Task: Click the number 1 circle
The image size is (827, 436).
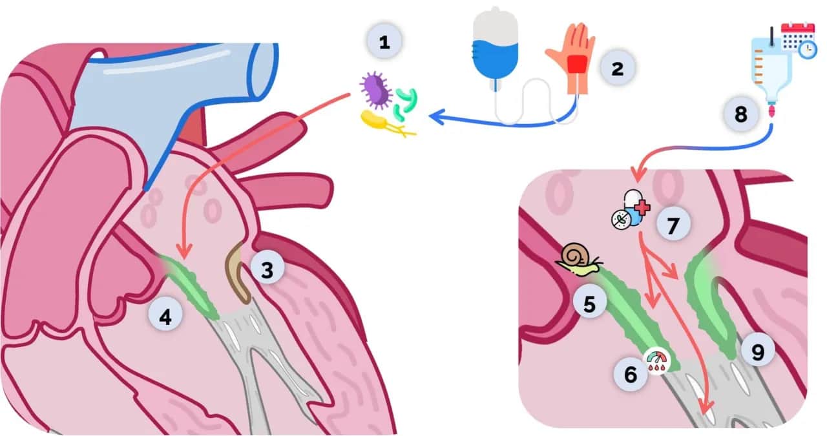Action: (384, 43)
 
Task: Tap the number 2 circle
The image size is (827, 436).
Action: (617, 68)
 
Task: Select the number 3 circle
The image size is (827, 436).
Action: (267, 269)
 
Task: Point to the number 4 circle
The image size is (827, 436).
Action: (165, 317)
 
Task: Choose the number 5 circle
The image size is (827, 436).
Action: (589, 303)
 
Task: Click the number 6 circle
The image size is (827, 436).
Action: (629, 373)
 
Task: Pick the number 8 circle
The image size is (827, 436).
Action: (740, 114)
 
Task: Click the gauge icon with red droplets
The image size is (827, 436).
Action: (657, 359)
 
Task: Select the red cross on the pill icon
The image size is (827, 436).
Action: (642, 207)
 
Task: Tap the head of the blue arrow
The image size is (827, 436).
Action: (434, 116)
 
